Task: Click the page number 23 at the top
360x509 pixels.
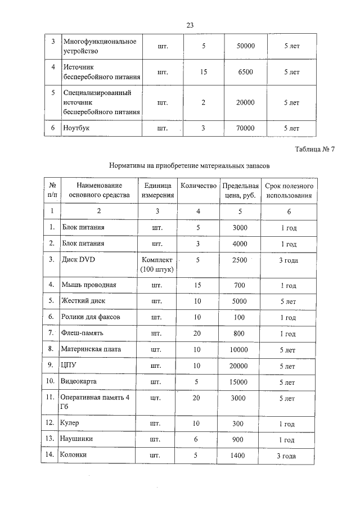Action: pos(190,25)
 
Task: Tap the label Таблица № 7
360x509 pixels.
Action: pos(314,149)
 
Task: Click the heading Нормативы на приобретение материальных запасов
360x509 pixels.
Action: pos(190,166)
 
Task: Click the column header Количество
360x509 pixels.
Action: pos(198,186)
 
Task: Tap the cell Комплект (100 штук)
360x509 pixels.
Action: pos(157,265)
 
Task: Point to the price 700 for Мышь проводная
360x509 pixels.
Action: pos(240,285)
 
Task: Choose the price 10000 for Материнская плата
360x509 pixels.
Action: pos(240,349)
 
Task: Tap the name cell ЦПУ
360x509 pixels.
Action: pos(68,366)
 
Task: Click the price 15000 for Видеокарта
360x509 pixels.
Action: pos(240,382)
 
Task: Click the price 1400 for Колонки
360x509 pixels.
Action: pos(240,456)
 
